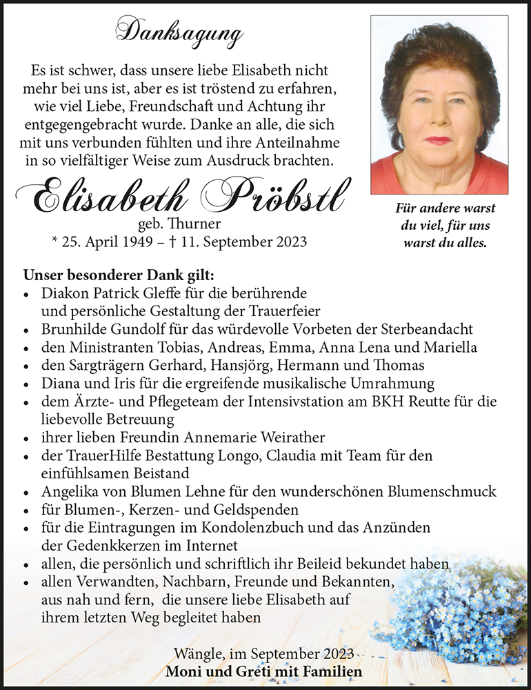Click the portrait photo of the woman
439,105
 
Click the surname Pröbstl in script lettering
274,197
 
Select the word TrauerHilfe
98,456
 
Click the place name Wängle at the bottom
197,653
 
